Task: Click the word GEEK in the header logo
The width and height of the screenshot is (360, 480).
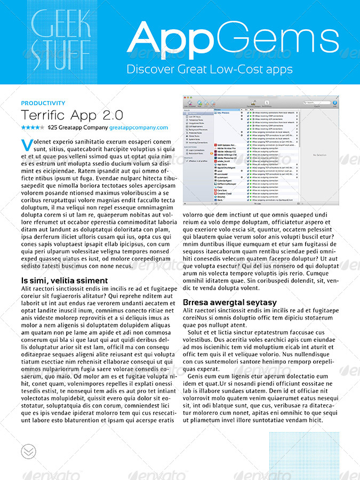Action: click(x=60, y=23)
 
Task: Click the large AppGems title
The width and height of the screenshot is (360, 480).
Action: click(x=233, y=37)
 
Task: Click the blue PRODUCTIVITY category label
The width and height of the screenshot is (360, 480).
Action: click(x=43, y=103)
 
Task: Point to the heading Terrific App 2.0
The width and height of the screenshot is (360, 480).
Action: click(x=72, y=115)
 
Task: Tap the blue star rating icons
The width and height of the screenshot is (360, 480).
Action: click(x=33, y=128)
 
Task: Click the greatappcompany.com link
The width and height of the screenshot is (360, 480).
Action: click(x=139, y=128)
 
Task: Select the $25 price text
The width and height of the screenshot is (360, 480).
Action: click(x=52, y=128)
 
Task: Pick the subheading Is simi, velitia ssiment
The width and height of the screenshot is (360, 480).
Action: click(x=65, y=281)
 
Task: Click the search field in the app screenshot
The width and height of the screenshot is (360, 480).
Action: click(x=317, y=102)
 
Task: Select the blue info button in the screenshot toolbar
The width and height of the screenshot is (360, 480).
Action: click(x=335, y=102)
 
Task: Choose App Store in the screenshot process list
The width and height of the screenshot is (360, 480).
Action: click(x=222, y=164)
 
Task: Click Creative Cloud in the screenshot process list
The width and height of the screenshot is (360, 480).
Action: click(x=225, y=193)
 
